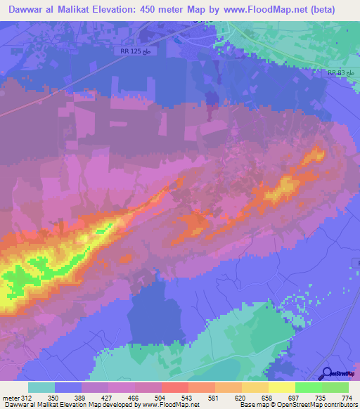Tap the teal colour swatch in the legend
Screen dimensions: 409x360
click(x=41, y=387)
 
